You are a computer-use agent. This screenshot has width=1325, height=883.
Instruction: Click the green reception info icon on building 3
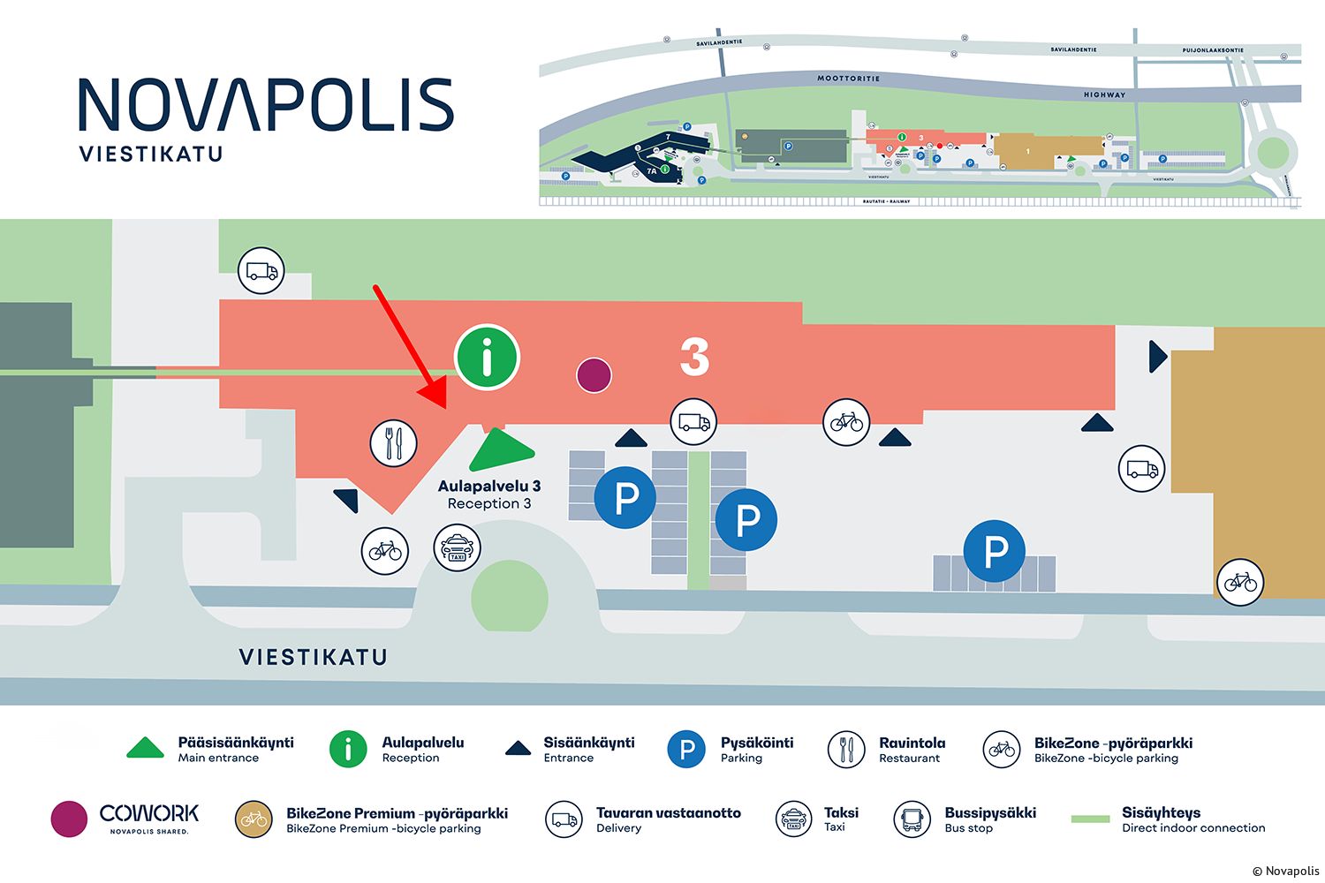click(487, 358)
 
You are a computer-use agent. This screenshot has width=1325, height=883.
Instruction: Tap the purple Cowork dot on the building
click(594, 375)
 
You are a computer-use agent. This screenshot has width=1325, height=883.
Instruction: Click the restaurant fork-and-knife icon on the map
click(393, 442)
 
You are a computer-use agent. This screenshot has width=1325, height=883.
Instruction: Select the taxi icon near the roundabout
click(457, 547)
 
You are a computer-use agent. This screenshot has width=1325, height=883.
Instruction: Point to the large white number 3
click(694, 357)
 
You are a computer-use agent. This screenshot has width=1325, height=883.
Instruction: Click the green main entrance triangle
click(501, 450)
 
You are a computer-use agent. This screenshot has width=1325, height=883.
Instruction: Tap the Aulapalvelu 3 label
click(489, 487)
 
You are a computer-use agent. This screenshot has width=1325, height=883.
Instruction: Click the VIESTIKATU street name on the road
click(313, 657)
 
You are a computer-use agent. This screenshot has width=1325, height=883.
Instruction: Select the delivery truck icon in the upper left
click(261, 270)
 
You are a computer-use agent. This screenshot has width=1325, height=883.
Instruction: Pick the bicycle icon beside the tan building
click(1240, 582)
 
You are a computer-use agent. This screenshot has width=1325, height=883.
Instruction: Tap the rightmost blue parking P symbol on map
click(995, 551)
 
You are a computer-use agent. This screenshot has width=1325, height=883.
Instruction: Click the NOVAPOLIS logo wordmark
click(266, 106)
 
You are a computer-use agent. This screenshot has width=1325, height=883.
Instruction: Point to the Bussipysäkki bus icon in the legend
click(912, 819)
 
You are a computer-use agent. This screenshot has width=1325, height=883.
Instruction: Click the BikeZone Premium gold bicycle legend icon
click(254, 819)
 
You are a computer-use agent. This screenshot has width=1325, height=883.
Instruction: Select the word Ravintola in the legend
click(912, 743)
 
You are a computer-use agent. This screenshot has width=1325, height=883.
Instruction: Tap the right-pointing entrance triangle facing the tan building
click(1157, 356)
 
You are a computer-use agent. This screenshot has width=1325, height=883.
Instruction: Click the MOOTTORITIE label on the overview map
click(848, 79)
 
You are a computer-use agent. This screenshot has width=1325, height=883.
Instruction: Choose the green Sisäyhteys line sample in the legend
click(1090, 819)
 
